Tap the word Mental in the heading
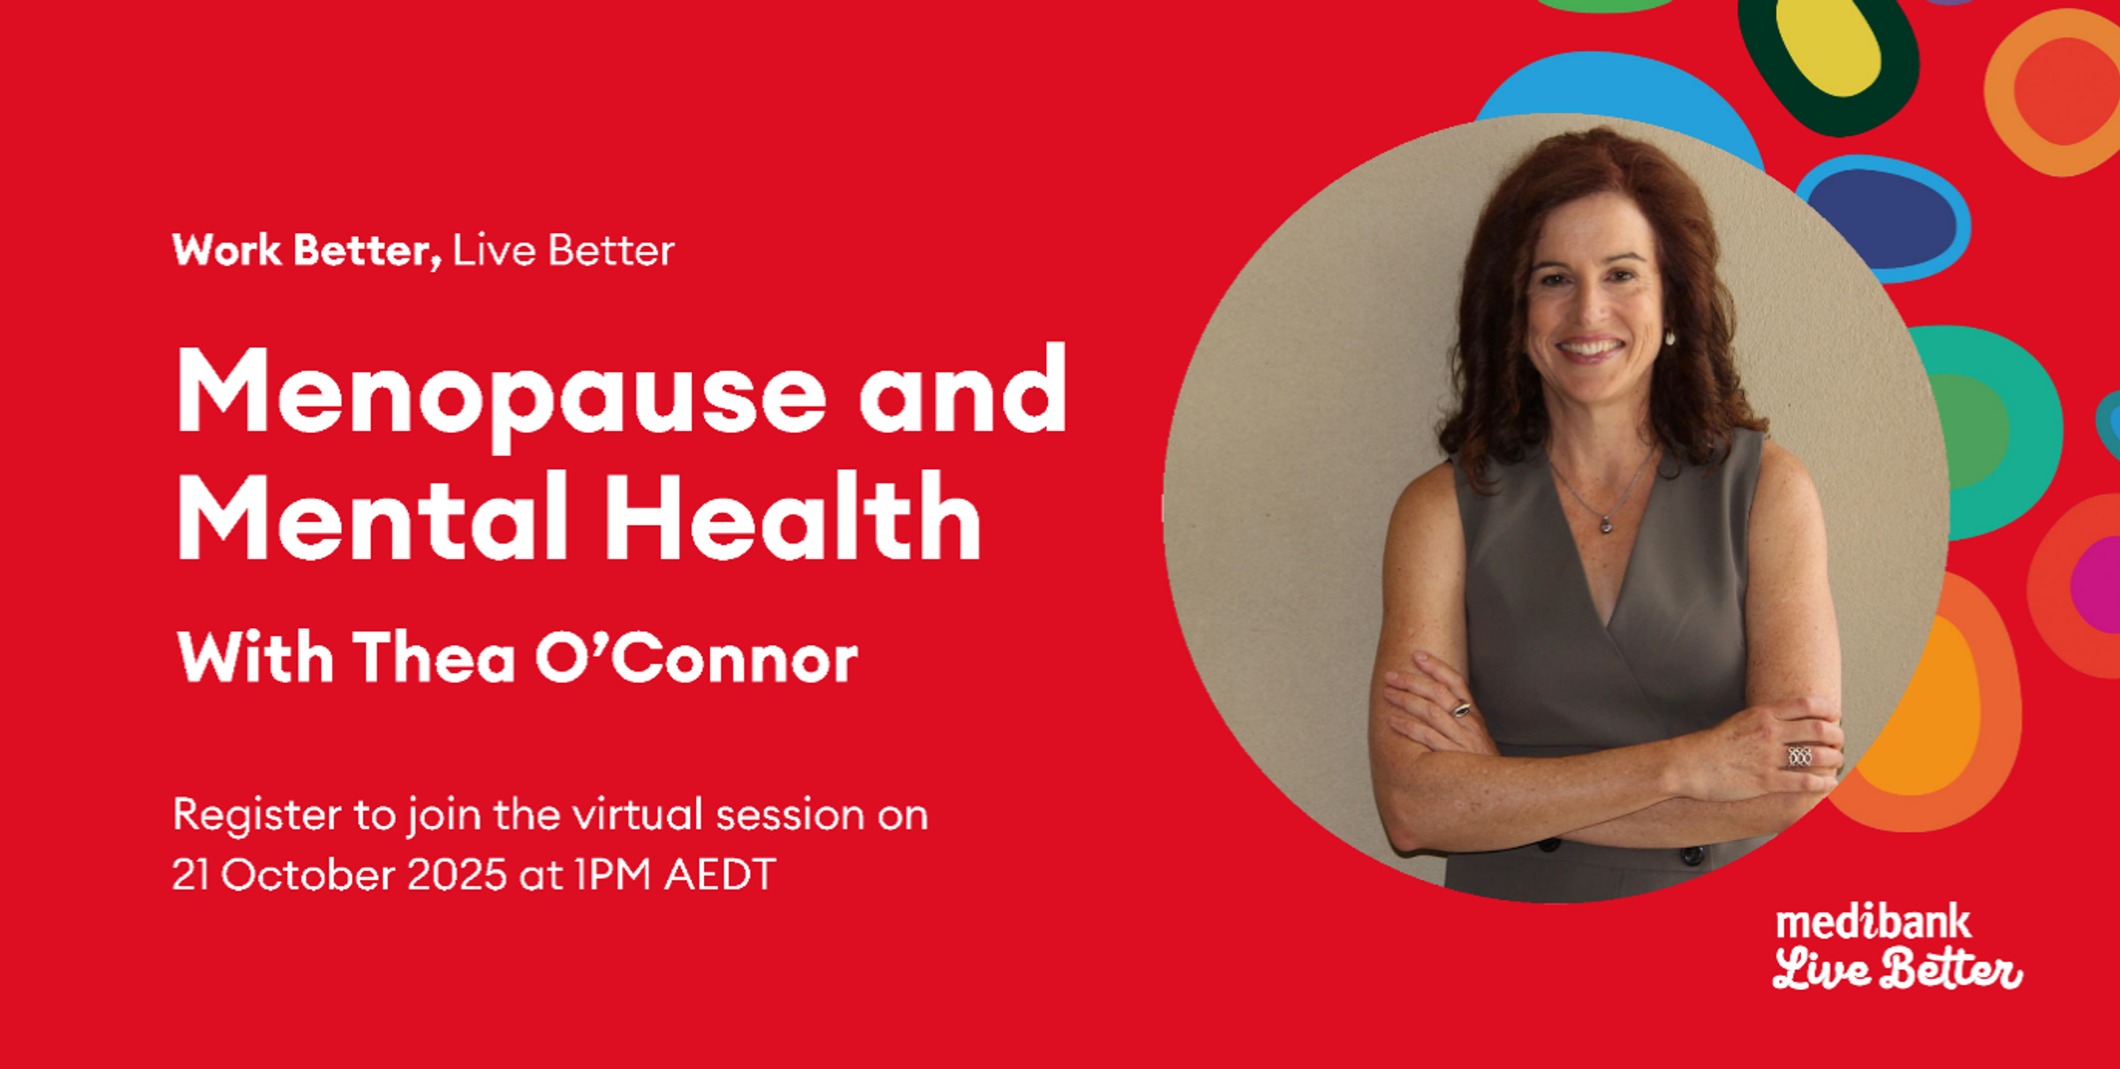pyautogui.click(x=372, y=517)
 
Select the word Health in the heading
pyautogui.click(x=792, y=517)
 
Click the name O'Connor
pyautogui.click(x=696, y=658)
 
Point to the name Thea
pyautogui.click(x=434, y=658)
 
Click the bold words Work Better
pyautogui.click(x=307, y=251)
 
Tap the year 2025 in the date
pyautogui.click(x=458, y=875)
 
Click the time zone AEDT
pyautogui.click(x=720, y=875)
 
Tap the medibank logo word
pyautogui.click(x=1874, y=923)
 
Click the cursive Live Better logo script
pyautogui.click(x=1897, y=969)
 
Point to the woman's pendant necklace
pyautogui.click(x=1606, y=526)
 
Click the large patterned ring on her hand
pyautogui.click(x=1799, y=756)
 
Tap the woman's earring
pyautogui.click(x=1669, y=337)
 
